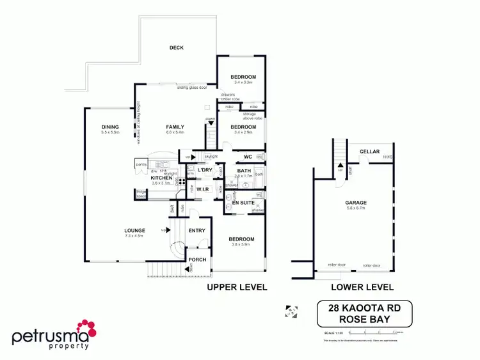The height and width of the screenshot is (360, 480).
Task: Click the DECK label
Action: [x=177, y=48]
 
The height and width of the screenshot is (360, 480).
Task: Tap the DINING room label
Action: [x=110, y=127]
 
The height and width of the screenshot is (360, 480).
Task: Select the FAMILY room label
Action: [x=175, y=127]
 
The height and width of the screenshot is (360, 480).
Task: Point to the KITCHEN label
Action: [x=161, y=178]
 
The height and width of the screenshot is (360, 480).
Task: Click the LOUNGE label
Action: [x=135, y=230]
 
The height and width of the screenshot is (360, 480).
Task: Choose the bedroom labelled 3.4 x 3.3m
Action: [x=243, y=77]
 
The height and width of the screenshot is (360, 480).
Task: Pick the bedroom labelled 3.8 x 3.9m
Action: [x=242, y=240]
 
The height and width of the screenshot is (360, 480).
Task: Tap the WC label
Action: [x=247, y=157]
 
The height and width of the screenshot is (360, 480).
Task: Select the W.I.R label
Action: [x=204, y=189]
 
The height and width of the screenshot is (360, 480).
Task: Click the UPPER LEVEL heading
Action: [x=236, y=288]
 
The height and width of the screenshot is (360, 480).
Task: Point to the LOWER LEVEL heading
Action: [x=363, y=288]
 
